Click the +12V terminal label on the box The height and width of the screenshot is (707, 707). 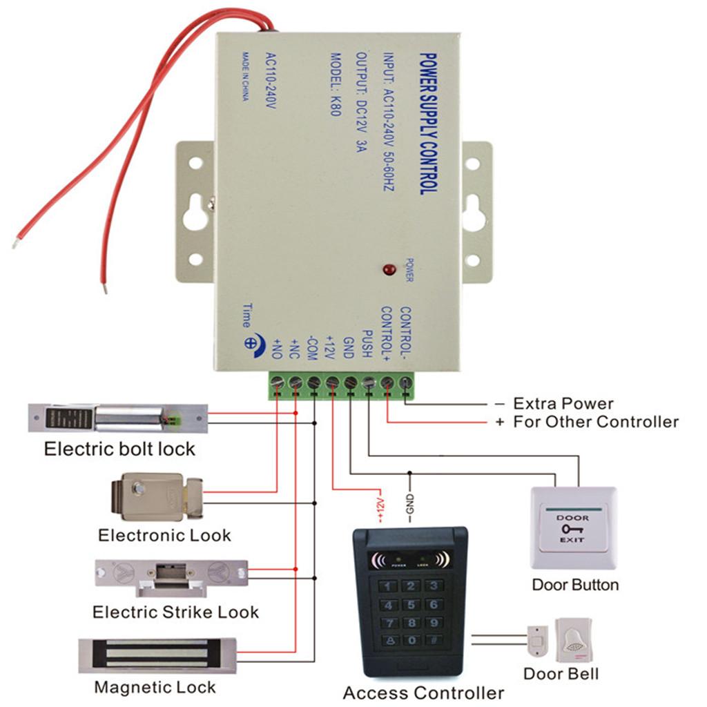point(330,344)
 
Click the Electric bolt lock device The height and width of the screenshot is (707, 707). point(117,418)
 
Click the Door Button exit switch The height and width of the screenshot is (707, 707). point(573,528)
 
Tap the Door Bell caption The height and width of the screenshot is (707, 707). point(561,673)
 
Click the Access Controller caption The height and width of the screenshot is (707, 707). point(423,692)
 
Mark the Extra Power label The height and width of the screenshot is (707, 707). point(563,404)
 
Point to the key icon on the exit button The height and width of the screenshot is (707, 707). point(573,528)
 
